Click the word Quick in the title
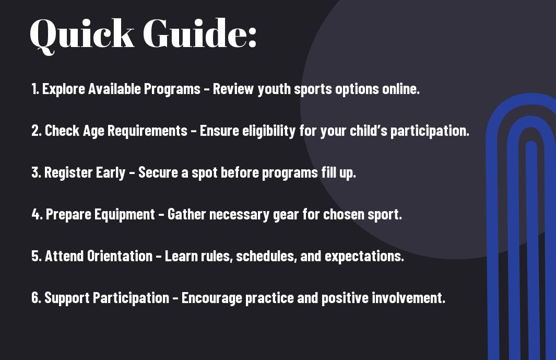tap(82, 35)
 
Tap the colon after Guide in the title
tap(252, 39)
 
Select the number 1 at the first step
tap(34, 89)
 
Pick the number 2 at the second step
tap(36, 131)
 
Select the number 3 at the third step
tap(36, 172)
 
